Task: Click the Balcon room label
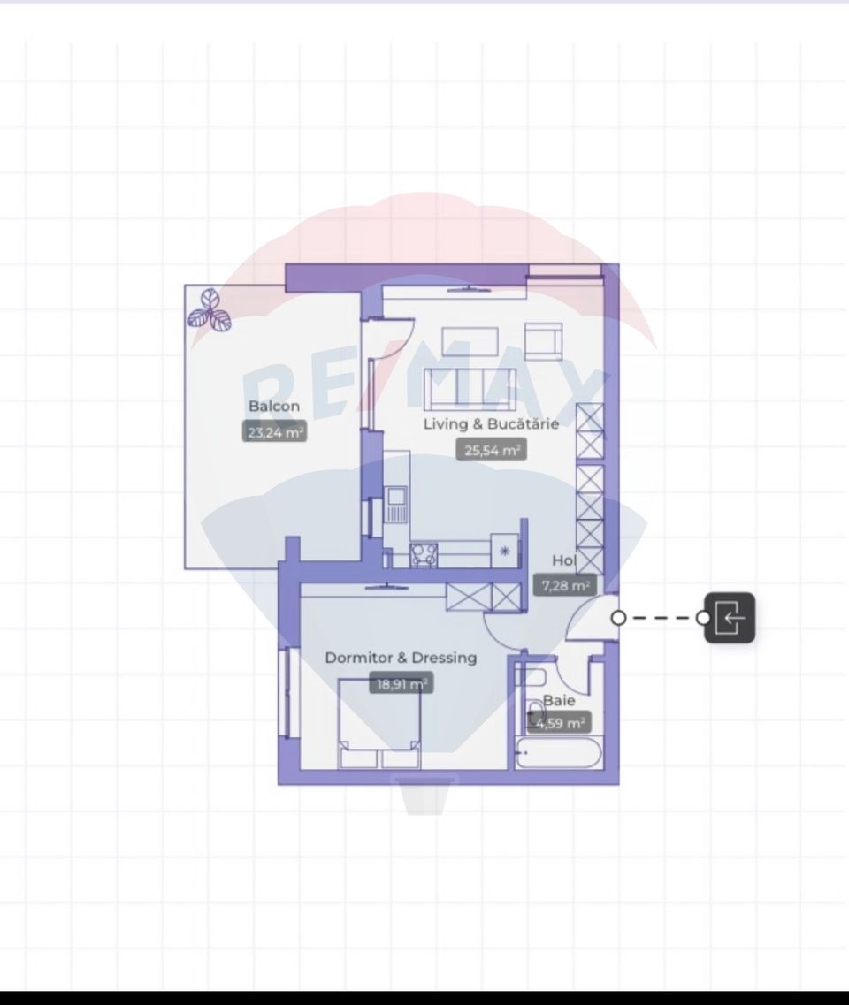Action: (x=274, y=407)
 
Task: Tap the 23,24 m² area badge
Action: (x=275, y=433)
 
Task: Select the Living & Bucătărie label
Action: (x=491, y=424)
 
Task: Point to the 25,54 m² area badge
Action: (x=491, y=451)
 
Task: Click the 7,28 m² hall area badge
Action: (x=566, y=585)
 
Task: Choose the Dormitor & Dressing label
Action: (x=401, y=658)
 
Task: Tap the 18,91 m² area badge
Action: (x=401, y=684)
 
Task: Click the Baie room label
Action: (x=559, y=700)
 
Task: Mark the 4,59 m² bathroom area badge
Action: (x=560, y=723)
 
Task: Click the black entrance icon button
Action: (x=730, y=618)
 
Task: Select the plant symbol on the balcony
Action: (x=210, y=311)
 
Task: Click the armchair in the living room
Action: (x=544, y=341)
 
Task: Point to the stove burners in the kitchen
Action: (x=423, y=554)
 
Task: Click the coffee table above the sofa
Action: (x=471, y=340)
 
